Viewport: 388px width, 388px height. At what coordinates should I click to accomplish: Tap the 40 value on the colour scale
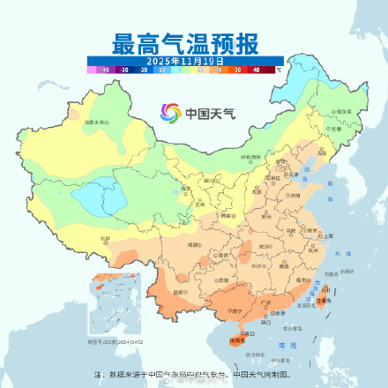point(257,68)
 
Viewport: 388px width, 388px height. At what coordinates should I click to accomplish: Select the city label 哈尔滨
point(342,112)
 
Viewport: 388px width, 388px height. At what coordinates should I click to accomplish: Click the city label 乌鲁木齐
point(94,122)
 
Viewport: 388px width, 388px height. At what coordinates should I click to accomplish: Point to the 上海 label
point(327,235)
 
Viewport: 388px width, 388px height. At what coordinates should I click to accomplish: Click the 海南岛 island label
point(235,338)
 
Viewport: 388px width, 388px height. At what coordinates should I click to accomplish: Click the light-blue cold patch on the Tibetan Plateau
point(93,198)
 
